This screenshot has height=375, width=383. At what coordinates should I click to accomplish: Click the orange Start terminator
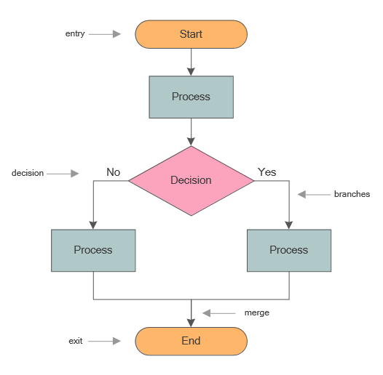tap(191, 34)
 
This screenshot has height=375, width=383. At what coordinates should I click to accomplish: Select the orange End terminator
tap(191, 340)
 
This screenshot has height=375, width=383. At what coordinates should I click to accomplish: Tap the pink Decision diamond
tap(191, 180)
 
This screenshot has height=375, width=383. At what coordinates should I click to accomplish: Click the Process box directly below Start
tap(191, 97)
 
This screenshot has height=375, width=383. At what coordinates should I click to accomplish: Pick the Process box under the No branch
tap(93, 250)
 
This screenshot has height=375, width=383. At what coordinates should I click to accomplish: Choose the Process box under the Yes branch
tap(289, 250)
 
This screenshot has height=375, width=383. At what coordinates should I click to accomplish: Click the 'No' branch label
tap(113, 172)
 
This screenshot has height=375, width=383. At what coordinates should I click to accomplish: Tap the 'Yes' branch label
tap(266, 172)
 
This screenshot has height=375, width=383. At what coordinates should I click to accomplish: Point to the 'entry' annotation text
tap(74, 34)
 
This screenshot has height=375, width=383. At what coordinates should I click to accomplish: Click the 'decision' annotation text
tap(28, 173)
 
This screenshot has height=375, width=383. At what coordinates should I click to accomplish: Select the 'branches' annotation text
tap(352, 194)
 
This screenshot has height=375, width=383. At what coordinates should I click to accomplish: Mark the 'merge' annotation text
tap(256, 312)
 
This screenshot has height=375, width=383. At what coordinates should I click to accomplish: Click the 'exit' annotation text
tap(76, 341)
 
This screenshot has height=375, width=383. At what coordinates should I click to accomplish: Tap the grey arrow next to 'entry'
tap(106, 34)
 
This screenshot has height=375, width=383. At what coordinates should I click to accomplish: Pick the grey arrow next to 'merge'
tap(216, 313)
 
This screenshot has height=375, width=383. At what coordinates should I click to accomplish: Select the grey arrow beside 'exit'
tap(106, 341)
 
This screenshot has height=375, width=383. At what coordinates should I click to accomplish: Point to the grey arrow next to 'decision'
tap(63, 174)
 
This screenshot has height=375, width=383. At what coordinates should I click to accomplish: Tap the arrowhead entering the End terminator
tap(191, 322)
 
